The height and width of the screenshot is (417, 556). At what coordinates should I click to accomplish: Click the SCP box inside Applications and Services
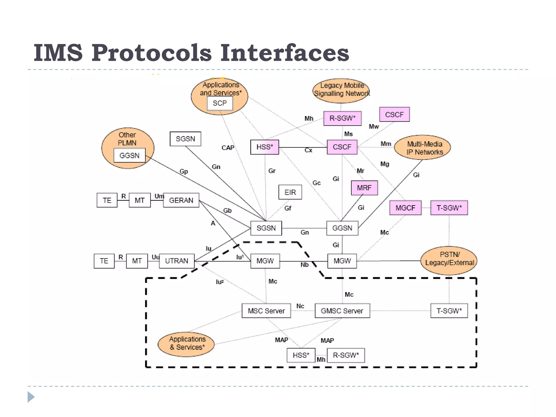(220, 103)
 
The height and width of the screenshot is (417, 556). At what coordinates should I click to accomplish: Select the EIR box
(290, 192)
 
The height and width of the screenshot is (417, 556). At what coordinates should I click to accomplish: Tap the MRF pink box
(364, 188)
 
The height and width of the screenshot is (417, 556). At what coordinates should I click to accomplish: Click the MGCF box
(405, 208)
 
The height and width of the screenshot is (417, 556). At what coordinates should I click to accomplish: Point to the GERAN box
(181, 200)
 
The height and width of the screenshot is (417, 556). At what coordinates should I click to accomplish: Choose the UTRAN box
(176, 261)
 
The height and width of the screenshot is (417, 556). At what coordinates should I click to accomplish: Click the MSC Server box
(266, 311)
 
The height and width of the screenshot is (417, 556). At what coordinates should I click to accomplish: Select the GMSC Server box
(342, 311)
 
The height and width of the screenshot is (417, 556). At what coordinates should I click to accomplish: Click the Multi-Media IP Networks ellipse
(422, 147)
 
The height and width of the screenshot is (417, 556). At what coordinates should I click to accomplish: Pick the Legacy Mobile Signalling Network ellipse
(341, 90)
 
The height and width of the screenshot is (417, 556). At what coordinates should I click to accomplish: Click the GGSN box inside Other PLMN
(129, 156)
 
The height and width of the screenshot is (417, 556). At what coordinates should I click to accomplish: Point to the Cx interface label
(308, 150)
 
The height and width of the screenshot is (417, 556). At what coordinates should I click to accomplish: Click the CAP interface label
(228, 148)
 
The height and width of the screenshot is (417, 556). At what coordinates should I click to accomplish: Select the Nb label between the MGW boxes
(304, 265)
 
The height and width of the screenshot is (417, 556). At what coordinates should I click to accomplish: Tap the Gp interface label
(184, 172)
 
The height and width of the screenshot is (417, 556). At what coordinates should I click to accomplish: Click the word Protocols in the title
(151, 53)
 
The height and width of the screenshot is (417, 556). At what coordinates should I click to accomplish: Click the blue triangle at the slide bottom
(31, 397)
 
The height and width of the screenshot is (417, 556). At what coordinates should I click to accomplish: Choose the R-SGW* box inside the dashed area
(346, 355)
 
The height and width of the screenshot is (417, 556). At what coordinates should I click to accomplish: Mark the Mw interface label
(374, 127)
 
